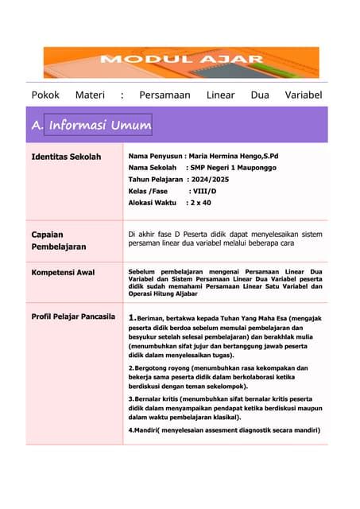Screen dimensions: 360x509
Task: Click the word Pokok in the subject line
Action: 45,95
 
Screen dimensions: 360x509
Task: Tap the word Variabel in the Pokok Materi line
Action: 303,95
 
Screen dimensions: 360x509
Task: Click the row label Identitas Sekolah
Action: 66,157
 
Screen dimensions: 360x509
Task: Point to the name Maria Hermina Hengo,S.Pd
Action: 245,157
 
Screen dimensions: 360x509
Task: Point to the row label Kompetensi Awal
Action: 63,273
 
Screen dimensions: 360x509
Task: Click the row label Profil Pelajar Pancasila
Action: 72,317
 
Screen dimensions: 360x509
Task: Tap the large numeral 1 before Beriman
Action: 132,318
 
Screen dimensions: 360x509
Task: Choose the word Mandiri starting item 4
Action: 145,430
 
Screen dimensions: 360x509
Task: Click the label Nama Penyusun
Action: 155,157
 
